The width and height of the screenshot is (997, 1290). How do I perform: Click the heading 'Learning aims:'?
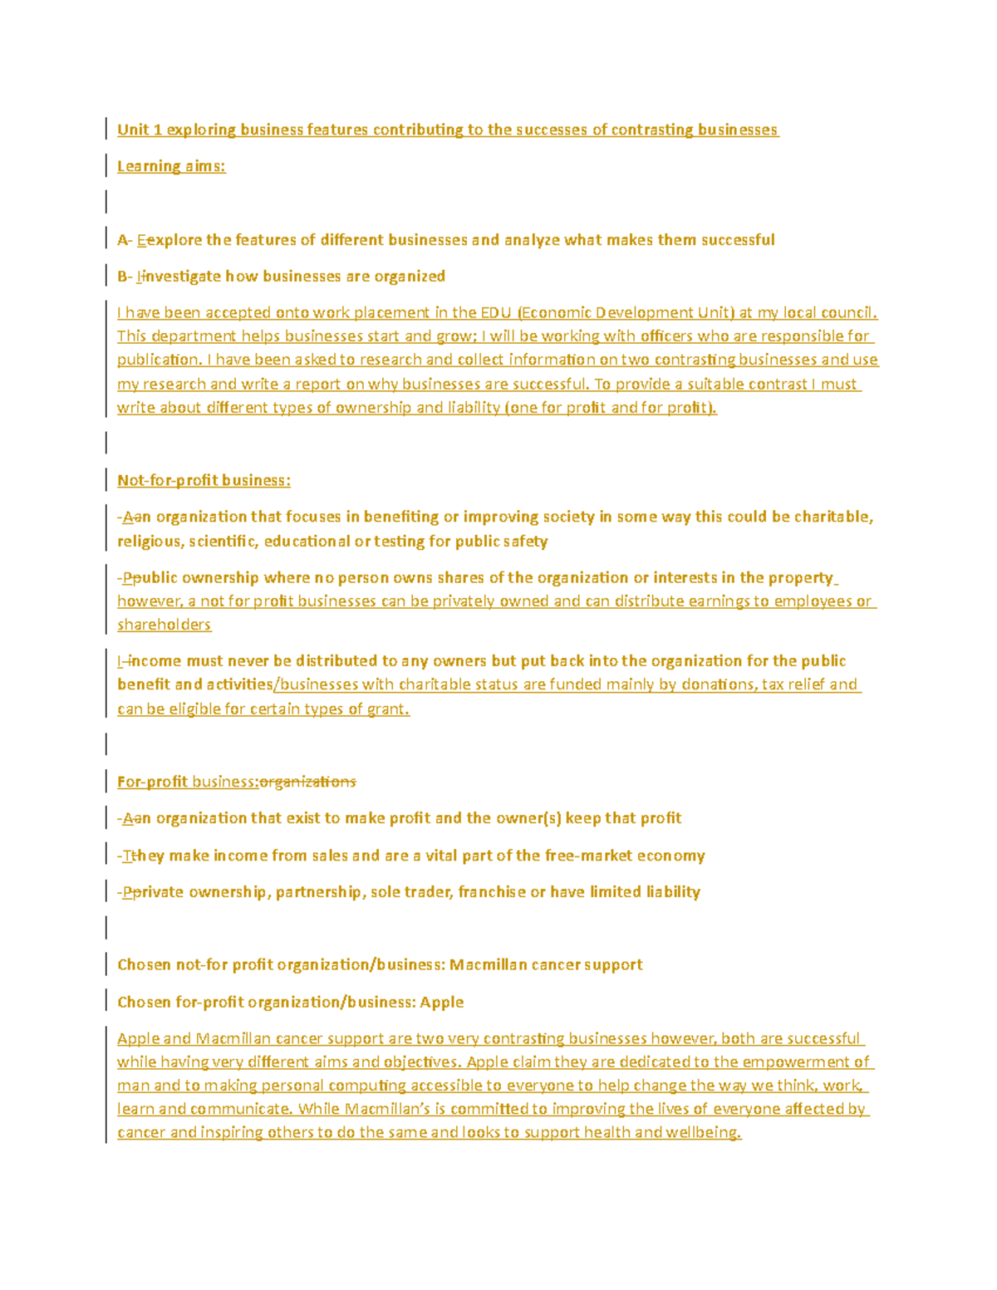(x=171, y=166)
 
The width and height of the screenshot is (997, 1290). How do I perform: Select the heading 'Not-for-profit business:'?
(x=204, y=480)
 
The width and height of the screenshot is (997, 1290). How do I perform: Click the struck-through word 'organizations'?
(x=308, y=782)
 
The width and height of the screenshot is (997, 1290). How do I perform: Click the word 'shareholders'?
(x=164, y=624)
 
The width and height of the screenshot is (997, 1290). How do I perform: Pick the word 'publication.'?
(x=160, y=360)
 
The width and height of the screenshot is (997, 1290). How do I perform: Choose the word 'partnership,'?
(x=320, y=891)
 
